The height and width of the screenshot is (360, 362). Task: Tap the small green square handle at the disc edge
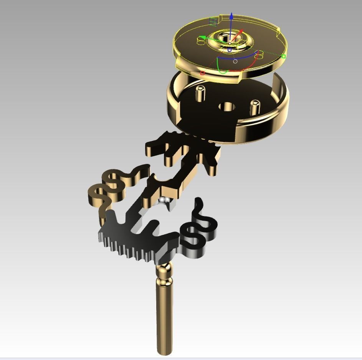[284, 56]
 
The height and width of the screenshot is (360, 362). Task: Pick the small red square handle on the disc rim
[202, 73]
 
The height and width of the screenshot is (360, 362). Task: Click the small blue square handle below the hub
[230, 50]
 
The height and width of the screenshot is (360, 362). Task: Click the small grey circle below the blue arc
[235, 61]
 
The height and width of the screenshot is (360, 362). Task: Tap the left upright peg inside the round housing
[200, 93]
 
